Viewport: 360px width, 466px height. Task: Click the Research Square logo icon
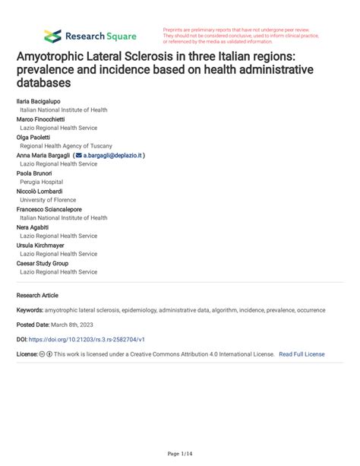pyautogui.click(x=52, y=36)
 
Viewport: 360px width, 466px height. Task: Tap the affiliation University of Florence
pyautogui.click(x=47, y=200)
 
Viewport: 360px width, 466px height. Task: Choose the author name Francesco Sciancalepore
pyautogui.click(x=49, y=209)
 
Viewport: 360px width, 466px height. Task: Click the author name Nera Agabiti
pyautogui.click(x=33, y=227)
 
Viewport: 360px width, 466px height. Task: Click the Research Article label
pyautogui.click(x=37, y=295)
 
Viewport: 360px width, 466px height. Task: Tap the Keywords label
pyautogui.click(x=29, y=310)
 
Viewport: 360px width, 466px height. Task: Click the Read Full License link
pyautogui.click(x=302, y=354)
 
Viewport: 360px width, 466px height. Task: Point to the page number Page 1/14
pyautogui.click(x=180, y=454)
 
